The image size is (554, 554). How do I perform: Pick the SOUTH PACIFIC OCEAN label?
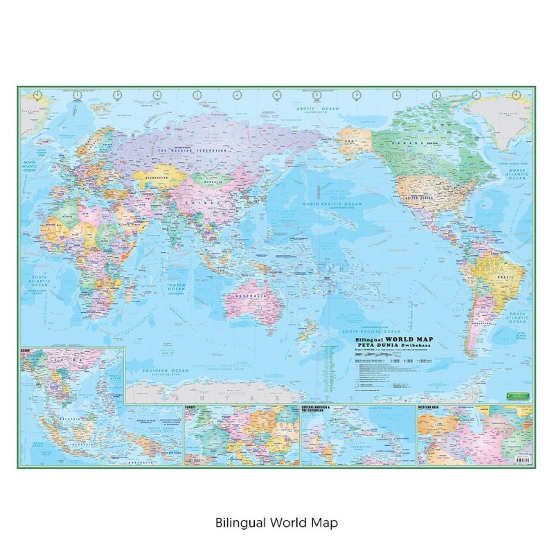374,331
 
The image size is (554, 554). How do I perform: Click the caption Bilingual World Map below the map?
276,522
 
